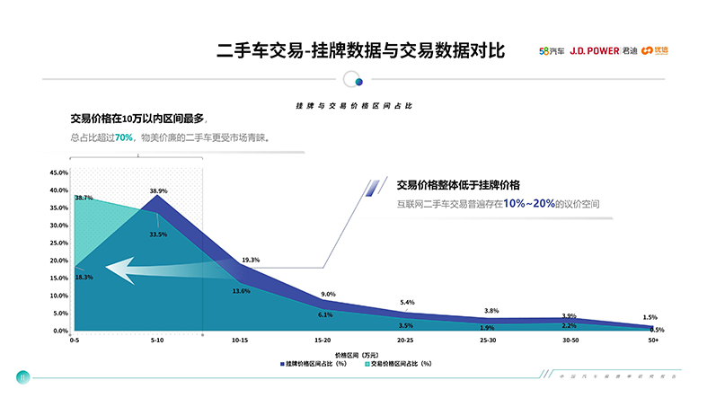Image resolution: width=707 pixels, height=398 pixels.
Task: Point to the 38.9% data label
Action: (158, 190)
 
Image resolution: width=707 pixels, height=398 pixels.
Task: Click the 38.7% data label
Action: (84, 198)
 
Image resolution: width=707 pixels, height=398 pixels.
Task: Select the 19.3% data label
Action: (251, 260)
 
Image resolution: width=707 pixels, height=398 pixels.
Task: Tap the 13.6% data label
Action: (241, 291)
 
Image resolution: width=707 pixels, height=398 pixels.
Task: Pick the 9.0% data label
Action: (328, 295)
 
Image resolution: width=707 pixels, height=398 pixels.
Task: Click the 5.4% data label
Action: (407, 303)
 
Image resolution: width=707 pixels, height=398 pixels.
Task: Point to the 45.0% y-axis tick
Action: (58, 172)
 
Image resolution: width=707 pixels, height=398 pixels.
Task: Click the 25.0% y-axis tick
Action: (58, 243)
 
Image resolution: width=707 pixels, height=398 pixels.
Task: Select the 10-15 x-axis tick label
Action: (241, 341)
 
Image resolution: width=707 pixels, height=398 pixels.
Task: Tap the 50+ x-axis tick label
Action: (654, 341)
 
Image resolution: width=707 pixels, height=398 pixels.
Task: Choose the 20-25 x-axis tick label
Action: (406, 341)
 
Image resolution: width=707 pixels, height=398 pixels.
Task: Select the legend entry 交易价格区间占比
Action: (401, 364)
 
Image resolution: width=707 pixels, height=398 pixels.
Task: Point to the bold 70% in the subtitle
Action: (124, 137)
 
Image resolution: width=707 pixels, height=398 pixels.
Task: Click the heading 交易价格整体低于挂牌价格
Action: (458, 185)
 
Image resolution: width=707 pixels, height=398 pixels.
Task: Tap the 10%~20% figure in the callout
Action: (528, 204)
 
